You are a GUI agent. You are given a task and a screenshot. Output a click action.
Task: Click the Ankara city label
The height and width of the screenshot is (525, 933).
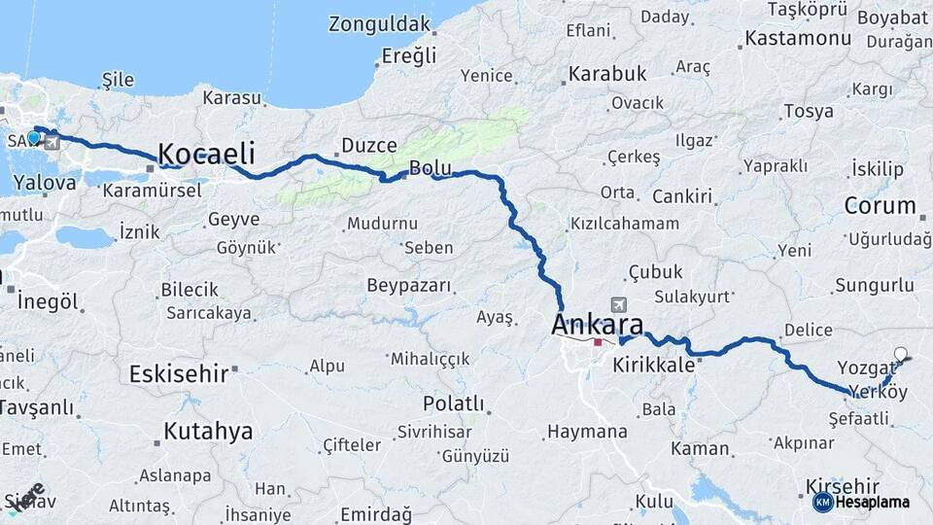click(x=597, y=325)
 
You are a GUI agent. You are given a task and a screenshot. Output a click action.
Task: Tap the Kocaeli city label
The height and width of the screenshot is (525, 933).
click(x=206, y=154)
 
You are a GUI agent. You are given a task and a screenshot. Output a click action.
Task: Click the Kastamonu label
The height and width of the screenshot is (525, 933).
click(x=797, y=40)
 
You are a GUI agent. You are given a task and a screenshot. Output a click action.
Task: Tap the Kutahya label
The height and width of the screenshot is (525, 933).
click(x=208, y=431)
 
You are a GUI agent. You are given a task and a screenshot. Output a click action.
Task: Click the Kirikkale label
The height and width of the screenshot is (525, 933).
click(x=654, y=366)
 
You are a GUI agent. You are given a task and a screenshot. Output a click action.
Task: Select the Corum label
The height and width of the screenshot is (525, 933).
click(x=880, y=205)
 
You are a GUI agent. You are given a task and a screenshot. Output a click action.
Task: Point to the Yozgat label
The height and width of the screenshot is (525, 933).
click(x=862, y=367)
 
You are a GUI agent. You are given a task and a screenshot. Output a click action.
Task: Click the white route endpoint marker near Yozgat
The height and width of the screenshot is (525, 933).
click(x=900, y=355)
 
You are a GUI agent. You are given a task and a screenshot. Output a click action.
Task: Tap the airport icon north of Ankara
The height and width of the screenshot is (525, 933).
click(x=618, y=304)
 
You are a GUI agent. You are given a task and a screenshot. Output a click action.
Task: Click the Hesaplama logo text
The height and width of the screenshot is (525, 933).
click(x=872, y=503)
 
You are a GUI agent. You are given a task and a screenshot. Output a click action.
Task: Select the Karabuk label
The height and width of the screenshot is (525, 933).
click(x=607, y=74)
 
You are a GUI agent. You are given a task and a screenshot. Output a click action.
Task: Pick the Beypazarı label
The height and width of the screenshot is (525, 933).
click(x=409, y=286)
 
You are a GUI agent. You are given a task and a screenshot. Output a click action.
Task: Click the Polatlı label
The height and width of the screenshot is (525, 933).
click(x=453, y=402)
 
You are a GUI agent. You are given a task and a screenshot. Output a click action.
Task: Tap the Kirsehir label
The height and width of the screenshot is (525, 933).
click(x=843, y=486)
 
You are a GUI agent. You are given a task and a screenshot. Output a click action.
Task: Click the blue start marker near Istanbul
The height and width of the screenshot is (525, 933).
click(x=34, y=138)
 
